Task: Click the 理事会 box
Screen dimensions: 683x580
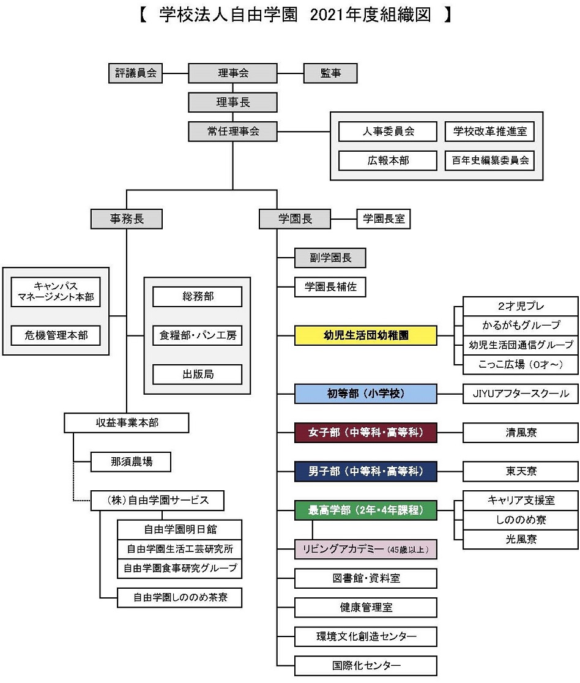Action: [232, 73]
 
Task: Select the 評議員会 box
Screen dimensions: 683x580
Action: [136, 73]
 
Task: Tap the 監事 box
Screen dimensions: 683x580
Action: [330, 73]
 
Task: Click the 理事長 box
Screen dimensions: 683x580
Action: [232, 102]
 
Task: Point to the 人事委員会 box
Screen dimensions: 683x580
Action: [388, 132]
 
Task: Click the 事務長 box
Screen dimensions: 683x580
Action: [127, 218]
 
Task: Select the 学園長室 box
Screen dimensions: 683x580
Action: [384, 218]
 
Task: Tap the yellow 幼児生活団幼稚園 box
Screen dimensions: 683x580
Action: [366, 335]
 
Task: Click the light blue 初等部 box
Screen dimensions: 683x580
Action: [366, 394]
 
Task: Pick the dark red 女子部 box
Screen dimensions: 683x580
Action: [366, 433]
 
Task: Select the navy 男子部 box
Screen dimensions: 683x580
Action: [366, 471]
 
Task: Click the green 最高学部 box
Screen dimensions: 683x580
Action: [366, 510]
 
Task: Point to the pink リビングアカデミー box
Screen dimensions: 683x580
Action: [366, 549]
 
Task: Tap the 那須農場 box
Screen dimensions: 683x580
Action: [132, 461]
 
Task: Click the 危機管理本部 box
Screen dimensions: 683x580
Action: [56, 335]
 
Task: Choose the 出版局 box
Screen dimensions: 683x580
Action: [198, 374]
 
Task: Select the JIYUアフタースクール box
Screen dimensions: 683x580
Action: [521, 394]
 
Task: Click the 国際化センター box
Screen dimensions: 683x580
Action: [366, 665]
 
